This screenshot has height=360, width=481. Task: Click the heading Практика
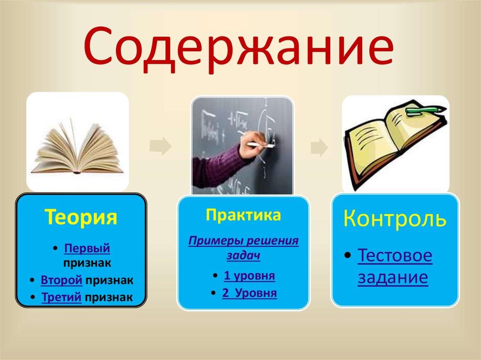tap(243, 215)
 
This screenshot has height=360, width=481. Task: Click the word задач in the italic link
tap(243, 256)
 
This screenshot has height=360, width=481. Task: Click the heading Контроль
tap(395, 218)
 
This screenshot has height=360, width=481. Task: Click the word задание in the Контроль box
tap(393, 277)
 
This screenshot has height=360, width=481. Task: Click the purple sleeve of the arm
tap(216, 164)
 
